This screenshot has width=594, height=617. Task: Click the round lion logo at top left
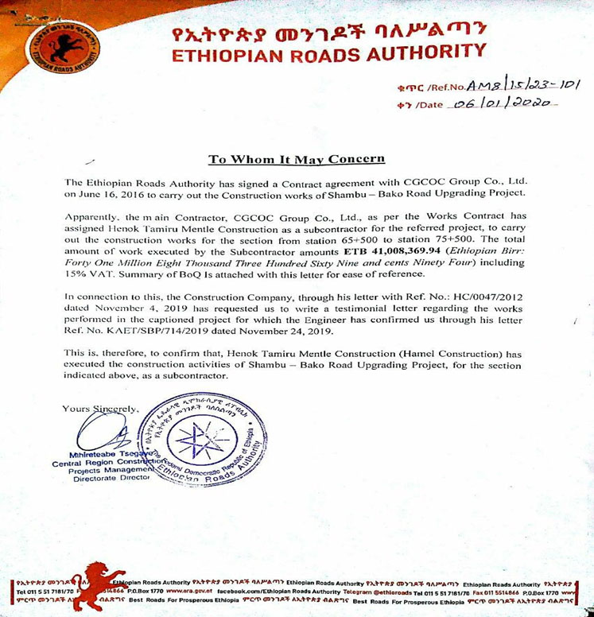coord(64,46)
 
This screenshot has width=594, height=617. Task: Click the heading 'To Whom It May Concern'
coord(285,160)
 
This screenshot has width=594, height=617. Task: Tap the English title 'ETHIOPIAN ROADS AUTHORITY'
coord(328,55)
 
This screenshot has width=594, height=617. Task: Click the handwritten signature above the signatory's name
coord(103,433)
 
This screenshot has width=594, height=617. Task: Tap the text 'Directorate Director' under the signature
coord(101,479)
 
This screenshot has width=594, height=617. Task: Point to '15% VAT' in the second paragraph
coord(87,274)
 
